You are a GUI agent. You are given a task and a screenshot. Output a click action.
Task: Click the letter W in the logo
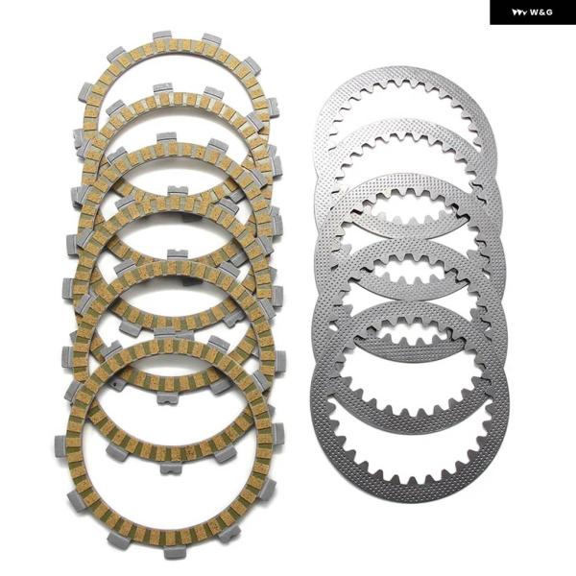[x=534, y=12]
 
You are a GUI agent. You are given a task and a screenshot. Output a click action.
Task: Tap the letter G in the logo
[x=548, y=12]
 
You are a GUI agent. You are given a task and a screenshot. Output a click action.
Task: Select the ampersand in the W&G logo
[x=541, y=12]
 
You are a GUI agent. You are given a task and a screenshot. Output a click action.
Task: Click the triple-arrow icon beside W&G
[x=519, y=12]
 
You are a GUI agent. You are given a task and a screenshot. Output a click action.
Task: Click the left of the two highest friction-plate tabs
[x=162, y=36]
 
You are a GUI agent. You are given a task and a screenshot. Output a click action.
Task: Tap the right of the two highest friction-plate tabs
[x=211, y=37]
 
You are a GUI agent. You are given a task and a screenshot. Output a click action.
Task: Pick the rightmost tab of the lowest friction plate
[x=277, y=434]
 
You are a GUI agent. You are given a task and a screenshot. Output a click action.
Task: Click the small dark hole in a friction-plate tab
[x=115, y=385]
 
